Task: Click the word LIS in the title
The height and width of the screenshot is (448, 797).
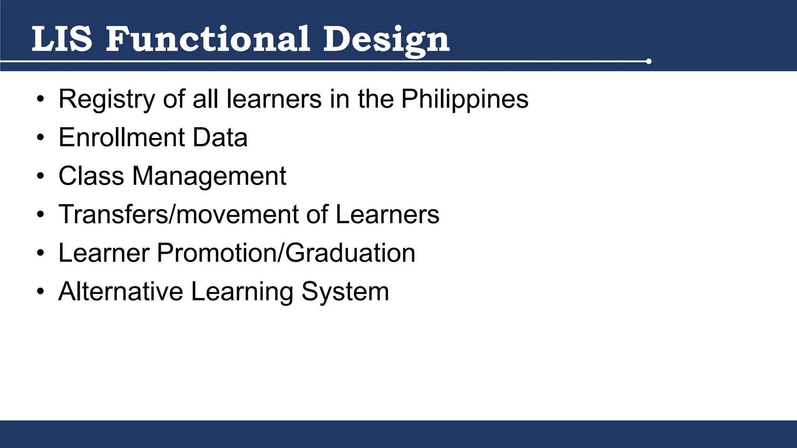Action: (x=62, y=39)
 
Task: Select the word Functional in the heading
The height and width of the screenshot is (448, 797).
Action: (x=208, y=39)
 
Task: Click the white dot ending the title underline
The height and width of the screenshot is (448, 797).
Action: (x=648, y=61)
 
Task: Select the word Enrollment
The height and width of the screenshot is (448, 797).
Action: (x=121, y=137)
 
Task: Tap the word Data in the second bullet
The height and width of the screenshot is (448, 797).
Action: (x=220, y=137)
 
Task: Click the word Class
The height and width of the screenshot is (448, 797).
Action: (x=91, y=176)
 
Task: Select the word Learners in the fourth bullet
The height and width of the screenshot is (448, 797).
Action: (x=387, y=214)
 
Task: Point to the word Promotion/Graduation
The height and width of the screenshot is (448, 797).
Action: (x=286, y=253)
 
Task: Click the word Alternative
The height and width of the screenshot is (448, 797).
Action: (x=121, y=291)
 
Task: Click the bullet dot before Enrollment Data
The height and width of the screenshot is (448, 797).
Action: (x=40, y=138)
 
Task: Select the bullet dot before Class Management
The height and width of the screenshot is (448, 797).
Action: (x=40, y=176)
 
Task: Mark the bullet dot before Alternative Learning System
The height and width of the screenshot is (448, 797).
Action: (x=40, y=292)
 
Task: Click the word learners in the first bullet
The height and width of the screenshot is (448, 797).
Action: (x=274, y=99)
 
